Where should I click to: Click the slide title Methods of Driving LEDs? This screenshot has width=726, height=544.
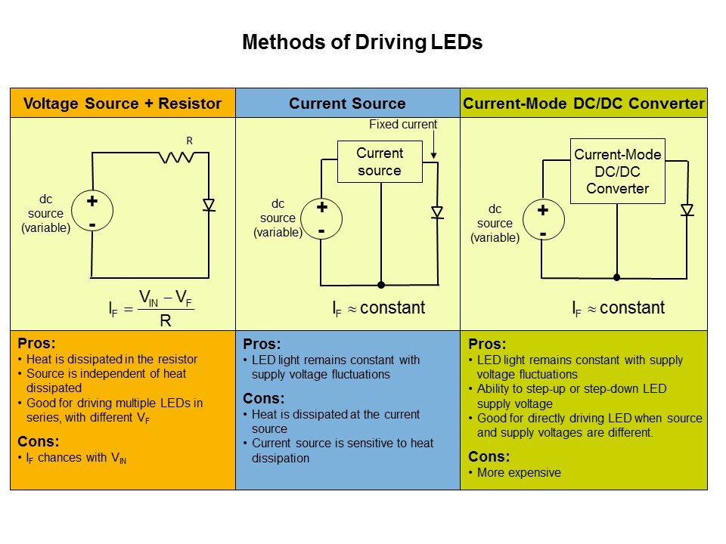361,43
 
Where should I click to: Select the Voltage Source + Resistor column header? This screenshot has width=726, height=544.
123,104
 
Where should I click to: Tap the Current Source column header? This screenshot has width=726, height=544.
347,104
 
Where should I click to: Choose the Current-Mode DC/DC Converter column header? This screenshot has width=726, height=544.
584,104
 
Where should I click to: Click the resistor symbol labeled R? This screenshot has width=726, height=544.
176,157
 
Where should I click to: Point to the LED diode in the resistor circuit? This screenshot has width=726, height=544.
209,205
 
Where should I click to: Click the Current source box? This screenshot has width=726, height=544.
380,162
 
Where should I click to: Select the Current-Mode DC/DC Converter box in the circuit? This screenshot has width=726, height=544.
617,172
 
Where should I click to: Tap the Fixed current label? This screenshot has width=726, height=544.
403,124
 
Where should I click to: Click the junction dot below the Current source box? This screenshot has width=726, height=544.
381,285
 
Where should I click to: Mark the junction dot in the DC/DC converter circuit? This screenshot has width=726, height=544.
616,277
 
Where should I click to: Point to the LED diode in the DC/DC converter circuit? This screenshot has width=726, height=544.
687,210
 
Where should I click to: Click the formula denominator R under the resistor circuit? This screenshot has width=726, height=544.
166,320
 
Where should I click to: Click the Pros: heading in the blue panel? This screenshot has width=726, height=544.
262,344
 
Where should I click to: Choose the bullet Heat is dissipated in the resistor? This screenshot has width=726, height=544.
111,359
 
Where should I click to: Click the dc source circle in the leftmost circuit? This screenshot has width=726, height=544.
92,213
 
